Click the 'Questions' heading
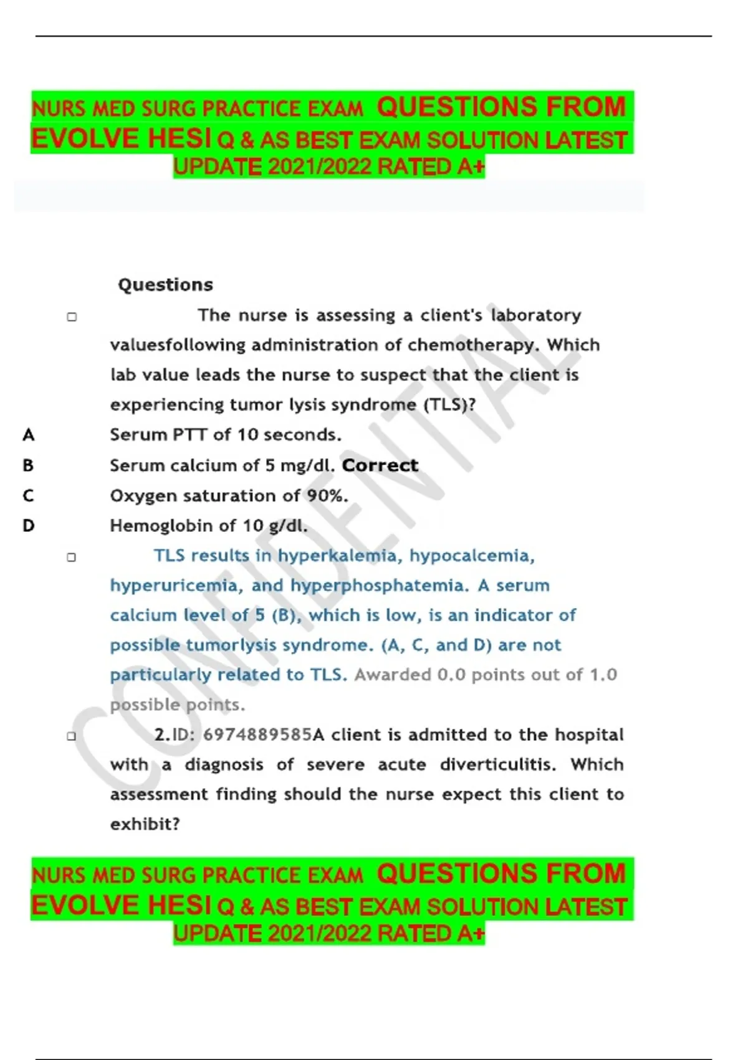(x=165, y=285)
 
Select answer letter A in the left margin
(x=28, y=435)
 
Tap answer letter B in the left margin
(x=28, y=465)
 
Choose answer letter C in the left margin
(x=28, y=496)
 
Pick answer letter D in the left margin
(x=28, y=526)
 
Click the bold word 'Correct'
(x=380, y=465)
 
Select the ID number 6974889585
(x=257, y=735)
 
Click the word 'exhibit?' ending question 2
(x=145, y=824)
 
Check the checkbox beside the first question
(x=72, y=317)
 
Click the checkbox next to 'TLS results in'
(x=72, y=557)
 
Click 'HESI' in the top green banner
(x=180, y=138)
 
